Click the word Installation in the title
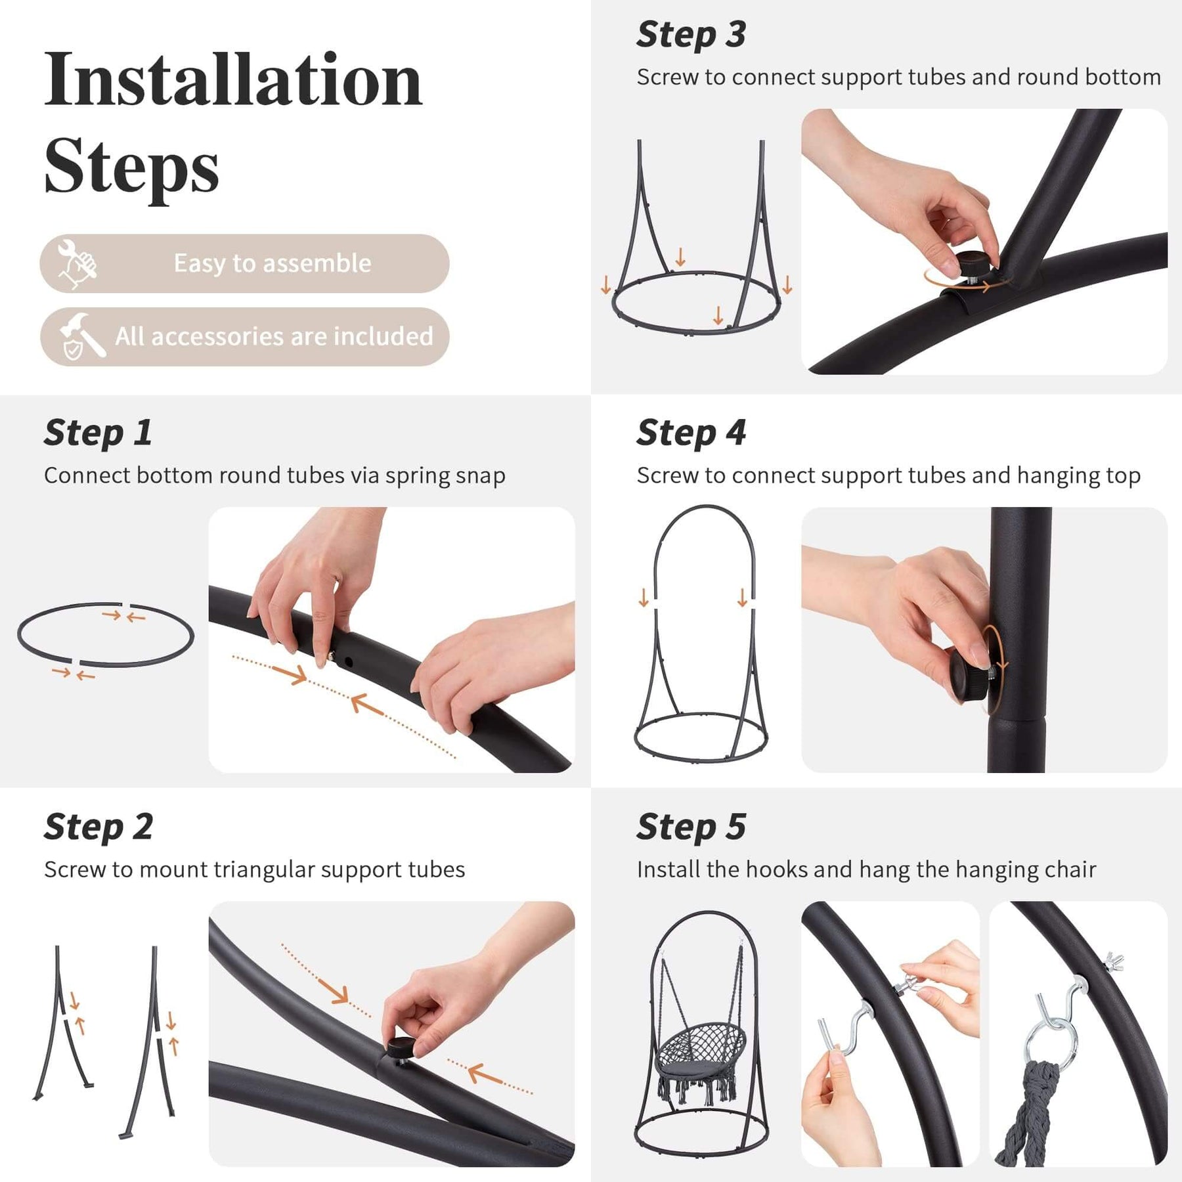(233, 80)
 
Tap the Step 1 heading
(98, 433)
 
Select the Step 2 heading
(98, 827)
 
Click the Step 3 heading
(691, 34)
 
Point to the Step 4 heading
(691, 433)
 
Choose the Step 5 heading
(691, 827)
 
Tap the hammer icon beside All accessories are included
(81, 337)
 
